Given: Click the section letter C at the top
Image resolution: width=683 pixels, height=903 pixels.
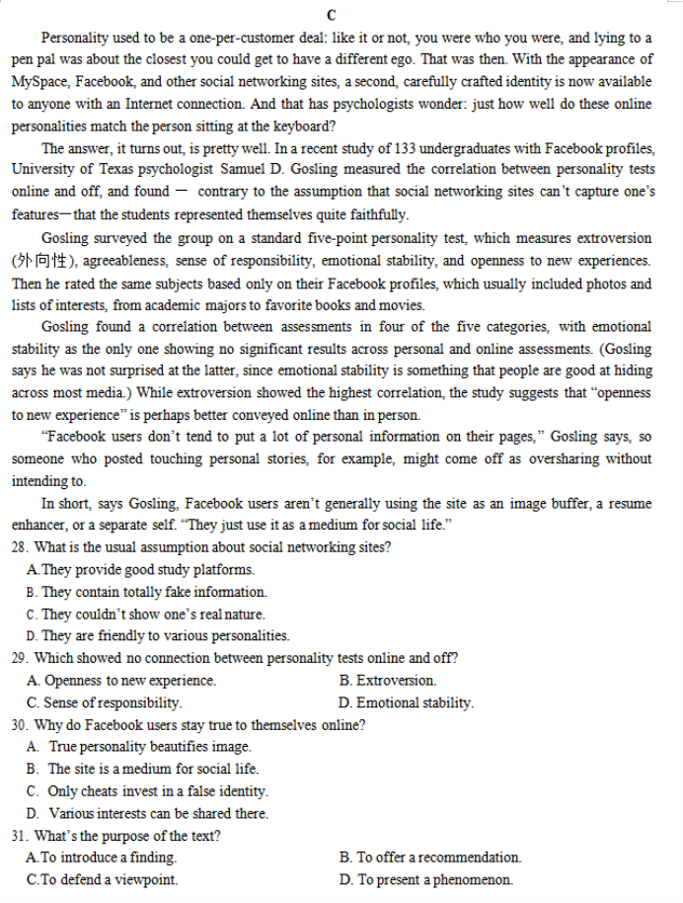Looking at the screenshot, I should point(331,15).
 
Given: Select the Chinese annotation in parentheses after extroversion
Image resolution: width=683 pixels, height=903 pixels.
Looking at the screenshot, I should point(45,260).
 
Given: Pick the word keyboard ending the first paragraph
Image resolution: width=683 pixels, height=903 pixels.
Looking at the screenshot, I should point(301,125).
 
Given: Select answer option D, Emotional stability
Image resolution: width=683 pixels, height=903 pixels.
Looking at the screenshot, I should point(406,702).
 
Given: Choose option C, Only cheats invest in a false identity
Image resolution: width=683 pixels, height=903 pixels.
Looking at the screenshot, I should point(148,790).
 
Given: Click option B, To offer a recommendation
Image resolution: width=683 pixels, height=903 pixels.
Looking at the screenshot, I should point(430,857).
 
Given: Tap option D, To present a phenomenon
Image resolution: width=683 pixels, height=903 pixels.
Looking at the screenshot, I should point(425,879).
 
